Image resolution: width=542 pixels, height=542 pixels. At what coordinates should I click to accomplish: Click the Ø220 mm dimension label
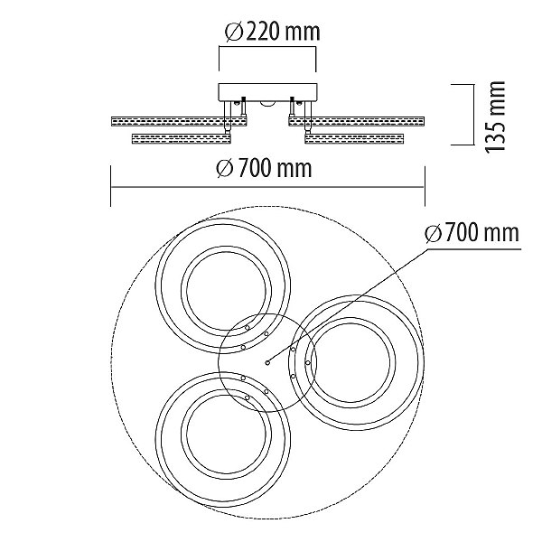click(x=273, y=33)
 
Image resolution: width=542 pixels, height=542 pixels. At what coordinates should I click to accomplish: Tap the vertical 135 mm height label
click(x=495, y=117)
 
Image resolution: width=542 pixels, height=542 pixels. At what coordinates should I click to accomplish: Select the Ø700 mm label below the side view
click(x=264, y=168)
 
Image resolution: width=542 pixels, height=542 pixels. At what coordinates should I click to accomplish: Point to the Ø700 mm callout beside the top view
click(x=472, y=233)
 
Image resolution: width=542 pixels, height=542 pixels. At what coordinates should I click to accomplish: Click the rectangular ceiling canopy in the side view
click(x=267, y=92)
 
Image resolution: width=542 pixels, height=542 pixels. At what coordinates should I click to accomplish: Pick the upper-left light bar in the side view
click(x=179, y=121)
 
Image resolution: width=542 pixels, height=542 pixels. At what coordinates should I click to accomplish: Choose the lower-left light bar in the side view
click(x=182, y=139)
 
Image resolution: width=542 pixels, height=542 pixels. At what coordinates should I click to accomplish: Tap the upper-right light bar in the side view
click(x=357, y=121)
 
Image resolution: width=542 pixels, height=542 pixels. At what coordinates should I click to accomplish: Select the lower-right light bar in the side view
click(x=354, y=139)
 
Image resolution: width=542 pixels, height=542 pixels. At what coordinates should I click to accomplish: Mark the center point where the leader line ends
click(x=267, y=362)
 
